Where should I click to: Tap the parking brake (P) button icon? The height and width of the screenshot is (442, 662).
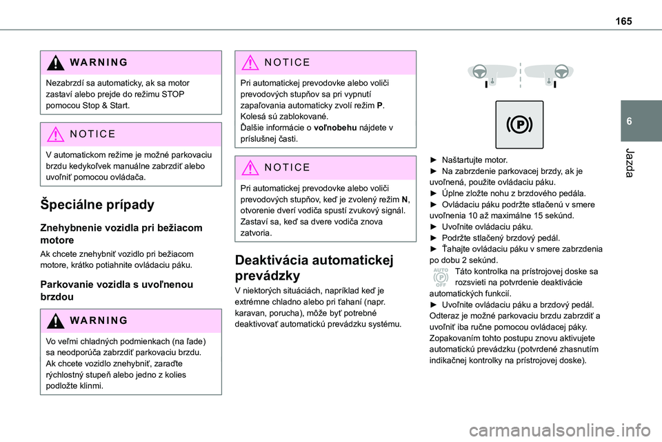tap(519, 125)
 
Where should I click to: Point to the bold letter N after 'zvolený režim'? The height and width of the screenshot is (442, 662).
tap(404, 199)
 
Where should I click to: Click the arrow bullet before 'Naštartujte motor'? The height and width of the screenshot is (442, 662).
tap(434, 160)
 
